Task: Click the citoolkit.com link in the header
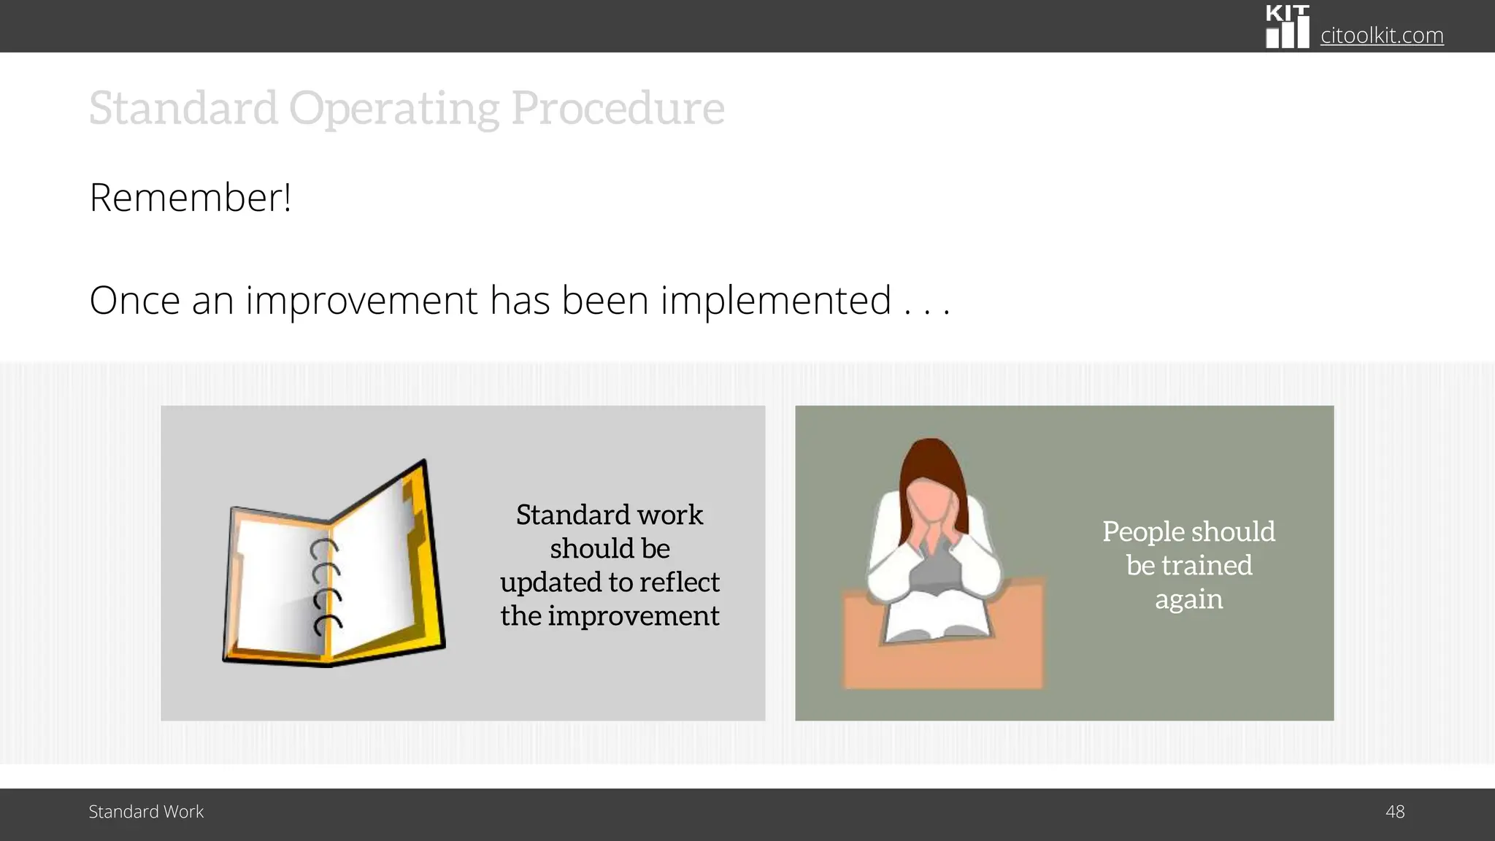pyautogui.click(x=1381, y=35)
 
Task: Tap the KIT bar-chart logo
pyautogui.click(x=1287, y=27)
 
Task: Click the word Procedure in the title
pyautogui.click(x=617, y=108)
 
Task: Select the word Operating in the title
pyautogui.click(x=394, y=108)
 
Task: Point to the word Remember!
pyautogui.click(x=191, y=197)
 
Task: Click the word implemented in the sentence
pyautogui.click(x=775, y=300)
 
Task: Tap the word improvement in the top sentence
pyautogui.click(x=361, y=300)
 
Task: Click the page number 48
pyautogui.click(x=1394, y=812)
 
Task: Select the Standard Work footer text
pyautogui.click(x=146, y=812)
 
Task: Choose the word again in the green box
pyautogui.click(x=1188, y=599)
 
